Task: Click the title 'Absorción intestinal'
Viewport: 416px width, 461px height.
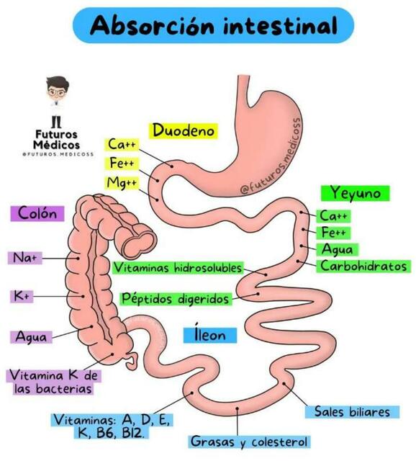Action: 214,26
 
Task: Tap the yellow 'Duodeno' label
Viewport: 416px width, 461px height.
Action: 184,130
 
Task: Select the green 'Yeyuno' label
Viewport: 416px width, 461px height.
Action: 356,193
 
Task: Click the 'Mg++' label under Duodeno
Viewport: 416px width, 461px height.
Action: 122,183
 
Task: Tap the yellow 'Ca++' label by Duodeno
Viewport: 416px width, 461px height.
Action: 122,145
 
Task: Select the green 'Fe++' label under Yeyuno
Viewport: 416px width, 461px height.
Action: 334,232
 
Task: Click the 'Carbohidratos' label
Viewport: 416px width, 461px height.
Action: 364,267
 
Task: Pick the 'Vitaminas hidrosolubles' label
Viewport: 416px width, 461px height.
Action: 178,268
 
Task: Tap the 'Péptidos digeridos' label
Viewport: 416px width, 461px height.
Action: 176,298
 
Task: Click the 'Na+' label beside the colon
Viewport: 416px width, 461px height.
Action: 22,257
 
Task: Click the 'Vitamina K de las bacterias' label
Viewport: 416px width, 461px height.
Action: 53,382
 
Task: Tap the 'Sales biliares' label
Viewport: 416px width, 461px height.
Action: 352,412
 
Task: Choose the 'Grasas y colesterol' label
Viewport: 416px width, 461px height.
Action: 249,441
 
